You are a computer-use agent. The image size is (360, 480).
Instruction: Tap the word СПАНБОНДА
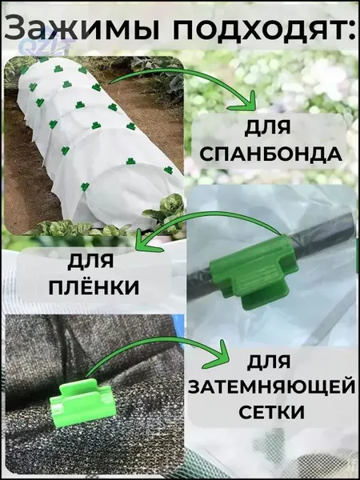pos(270,155)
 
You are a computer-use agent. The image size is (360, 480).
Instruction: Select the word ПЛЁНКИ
pos(94,288)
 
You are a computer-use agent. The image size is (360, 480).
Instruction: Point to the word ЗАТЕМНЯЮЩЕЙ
pos(269,387)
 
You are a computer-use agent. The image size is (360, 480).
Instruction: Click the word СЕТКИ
pos(271,412)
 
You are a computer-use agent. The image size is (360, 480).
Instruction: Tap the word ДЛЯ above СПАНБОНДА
pos(267,128)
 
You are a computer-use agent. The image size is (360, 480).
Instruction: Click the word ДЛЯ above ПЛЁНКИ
pos(90,262)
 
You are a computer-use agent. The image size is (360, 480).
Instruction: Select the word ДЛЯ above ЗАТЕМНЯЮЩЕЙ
pos(269,362)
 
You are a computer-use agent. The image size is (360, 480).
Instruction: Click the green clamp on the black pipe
pos(254,270)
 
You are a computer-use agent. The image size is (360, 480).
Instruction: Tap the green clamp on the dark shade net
pos(82,402)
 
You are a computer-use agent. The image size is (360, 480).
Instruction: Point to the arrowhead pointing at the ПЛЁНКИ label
pos(146,242)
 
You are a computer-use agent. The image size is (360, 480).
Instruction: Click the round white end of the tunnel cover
pos(122,195)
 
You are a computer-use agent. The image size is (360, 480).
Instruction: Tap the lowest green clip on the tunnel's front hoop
pos(85,186)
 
